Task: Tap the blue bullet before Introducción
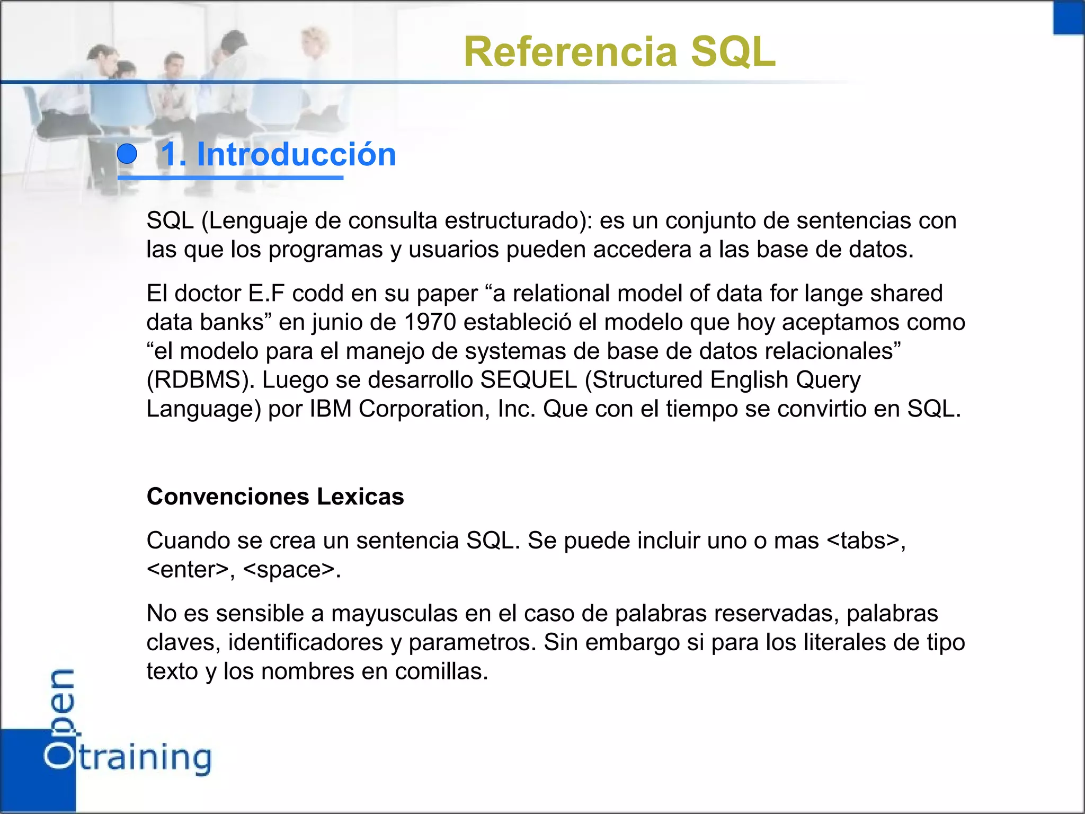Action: point(127,154)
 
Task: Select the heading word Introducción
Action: point(296,155)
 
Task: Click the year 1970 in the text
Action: point(430,322)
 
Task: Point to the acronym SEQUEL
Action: point(528,380)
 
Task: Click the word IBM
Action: point(331,409)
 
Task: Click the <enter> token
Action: point(188,570)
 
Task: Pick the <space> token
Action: point(289,570)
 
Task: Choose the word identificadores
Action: point(306,642)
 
